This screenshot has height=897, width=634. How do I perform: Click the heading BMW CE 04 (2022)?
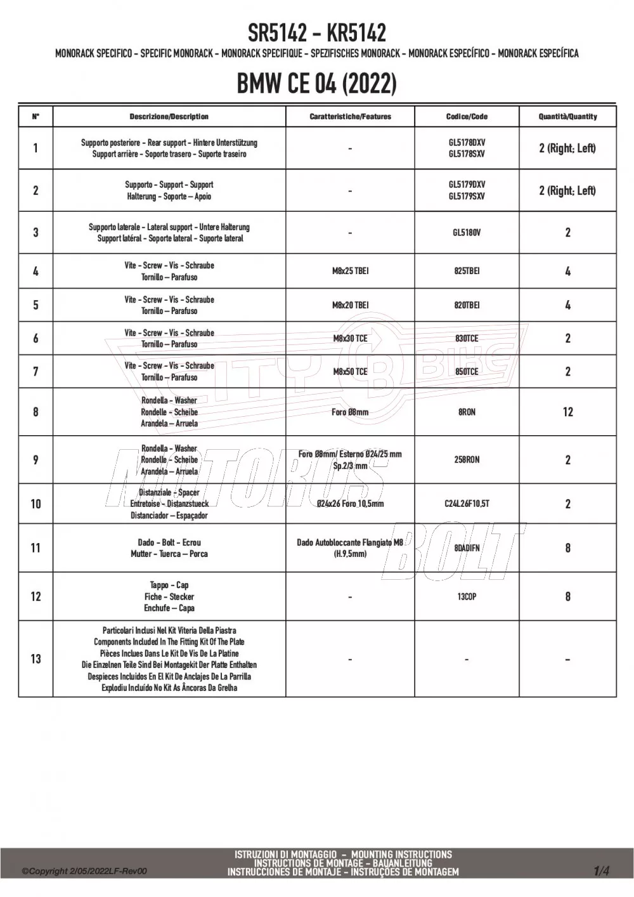[x=316, y=83]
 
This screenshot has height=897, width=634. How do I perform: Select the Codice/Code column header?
[x=467, y=117]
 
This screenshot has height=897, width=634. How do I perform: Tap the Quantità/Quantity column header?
[x=567, y=117]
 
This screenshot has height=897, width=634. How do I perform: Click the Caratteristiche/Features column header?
[x=350, y=117]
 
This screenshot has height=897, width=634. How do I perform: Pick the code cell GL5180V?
[x=467, y=233]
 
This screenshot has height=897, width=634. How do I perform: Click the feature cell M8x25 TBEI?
[x=350, y=271]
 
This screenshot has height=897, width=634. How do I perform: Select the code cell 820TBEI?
[x=467, y=305]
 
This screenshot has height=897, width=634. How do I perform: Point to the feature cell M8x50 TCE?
[x=350, y=372]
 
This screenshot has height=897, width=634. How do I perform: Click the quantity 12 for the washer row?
[x=567, y=412]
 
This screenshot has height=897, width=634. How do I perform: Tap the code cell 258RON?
[x=467, y=460]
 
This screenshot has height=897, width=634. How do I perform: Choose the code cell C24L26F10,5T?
[x=467, y=504]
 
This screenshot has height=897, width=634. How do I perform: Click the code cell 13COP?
[x=467, y=597]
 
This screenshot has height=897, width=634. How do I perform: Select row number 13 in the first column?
[x=36, y=659]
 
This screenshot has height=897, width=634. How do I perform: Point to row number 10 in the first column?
[x=36, y=504]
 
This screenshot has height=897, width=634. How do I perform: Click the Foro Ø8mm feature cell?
[x=350, y=412]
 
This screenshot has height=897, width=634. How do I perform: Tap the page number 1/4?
[x=601, y=871]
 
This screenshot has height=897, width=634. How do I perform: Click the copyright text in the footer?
[x=84, y=871]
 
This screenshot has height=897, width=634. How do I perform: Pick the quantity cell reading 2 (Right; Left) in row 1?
[x=567, y=148]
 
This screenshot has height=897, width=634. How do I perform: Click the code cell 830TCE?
[x=467, y=339]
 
